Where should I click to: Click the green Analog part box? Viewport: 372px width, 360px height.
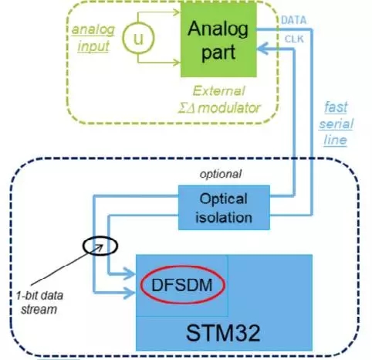point(218,39)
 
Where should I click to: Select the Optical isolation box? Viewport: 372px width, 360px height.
point(224,208)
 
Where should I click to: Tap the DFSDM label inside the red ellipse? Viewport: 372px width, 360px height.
point(182,285)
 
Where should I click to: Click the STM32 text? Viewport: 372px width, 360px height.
point(223,333)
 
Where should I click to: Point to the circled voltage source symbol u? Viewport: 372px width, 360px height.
point(138,38)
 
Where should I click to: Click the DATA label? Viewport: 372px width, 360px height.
point(294,20)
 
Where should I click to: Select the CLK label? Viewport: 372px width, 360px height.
point(294,39)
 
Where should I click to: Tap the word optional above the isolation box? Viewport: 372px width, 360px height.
point(221,174)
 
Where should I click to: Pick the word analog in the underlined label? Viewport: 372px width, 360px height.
point(93,29)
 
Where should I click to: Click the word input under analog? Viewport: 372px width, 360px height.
point(93,46)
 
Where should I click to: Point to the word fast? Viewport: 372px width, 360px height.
point(336,107)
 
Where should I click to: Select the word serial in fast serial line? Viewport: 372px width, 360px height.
point(336,124)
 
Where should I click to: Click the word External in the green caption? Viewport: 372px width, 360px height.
point(218,91)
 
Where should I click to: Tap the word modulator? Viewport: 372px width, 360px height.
point(229,107)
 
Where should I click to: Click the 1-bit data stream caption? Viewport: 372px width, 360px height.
point(39,302)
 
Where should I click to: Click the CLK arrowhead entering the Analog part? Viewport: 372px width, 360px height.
point(262,49)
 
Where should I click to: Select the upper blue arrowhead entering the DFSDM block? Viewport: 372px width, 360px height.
point(130,273)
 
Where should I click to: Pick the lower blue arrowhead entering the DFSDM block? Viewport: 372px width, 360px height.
point(130,293)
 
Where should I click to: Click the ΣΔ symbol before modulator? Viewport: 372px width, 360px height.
point(188,108)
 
